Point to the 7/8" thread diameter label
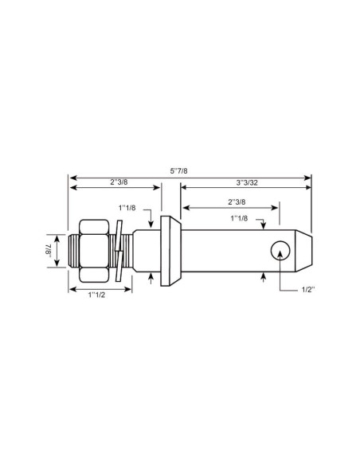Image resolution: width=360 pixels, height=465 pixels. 47,251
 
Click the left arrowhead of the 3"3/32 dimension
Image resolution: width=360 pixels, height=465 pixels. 185,188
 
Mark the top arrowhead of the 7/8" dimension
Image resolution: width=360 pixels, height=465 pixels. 57,236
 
